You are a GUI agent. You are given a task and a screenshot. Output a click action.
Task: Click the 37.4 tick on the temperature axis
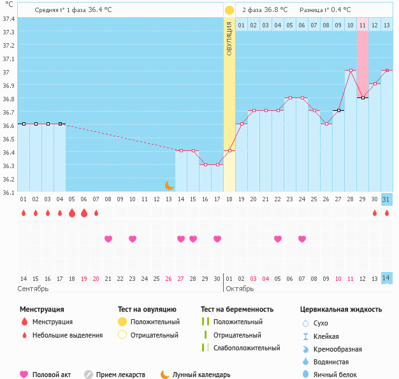pos(8,18)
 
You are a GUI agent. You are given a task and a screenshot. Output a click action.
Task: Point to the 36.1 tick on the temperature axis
pos(8,192)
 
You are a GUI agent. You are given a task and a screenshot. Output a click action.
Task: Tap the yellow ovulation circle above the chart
pos(229,10)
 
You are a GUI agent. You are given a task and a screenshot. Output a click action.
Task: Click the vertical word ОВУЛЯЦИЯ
pos(229,38)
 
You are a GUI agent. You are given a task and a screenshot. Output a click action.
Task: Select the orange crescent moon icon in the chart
pos(169,185)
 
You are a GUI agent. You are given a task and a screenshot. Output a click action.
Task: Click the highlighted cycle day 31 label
pos(386,199)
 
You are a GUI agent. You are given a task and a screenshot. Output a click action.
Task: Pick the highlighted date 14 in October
pos(386,278)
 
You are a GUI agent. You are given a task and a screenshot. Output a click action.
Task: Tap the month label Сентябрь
pos(33,289)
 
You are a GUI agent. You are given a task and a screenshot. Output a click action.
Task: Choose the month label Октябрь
pos(240,289)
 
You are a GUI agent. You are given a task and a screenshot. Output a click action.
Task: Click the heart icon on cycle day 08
pos(108,239)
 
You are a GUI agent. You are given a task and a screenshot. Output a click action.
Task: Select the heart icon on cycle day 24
pos(302,239)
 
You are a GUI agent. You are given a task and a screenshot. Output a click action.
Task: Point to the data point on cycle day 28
pos(351,71)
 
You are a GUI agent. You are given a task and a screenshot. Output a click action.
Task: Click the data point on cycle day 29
pos(363,97)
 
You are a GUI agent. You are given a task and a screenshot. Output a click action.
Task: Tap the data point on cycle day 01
pos(24,124)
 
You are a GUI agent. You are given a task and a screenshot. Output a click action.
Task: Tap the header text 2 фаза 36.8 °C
pos(265,10)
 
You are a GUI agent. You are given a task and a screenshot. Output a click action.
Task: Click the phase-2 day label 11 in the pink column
pos(363,25)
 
